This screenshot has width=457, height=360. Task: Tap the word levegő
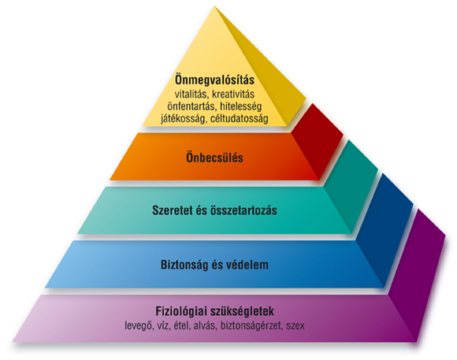(140, 324)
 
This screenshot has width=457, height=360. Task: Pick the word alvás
(206, 324)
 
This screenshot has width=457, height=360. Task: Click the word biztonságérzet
(253, 324)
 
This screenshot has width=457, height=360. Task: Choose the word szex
(296, 324)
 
